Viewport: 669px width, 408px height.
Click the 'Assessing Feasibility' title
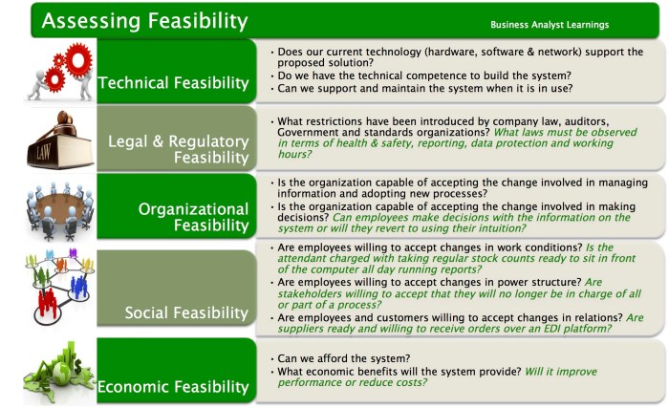point(144,19)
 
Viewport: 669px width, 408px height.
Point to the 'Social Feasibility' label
point(187,312)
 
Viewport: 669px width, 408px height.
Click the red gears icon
point(60,71)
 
